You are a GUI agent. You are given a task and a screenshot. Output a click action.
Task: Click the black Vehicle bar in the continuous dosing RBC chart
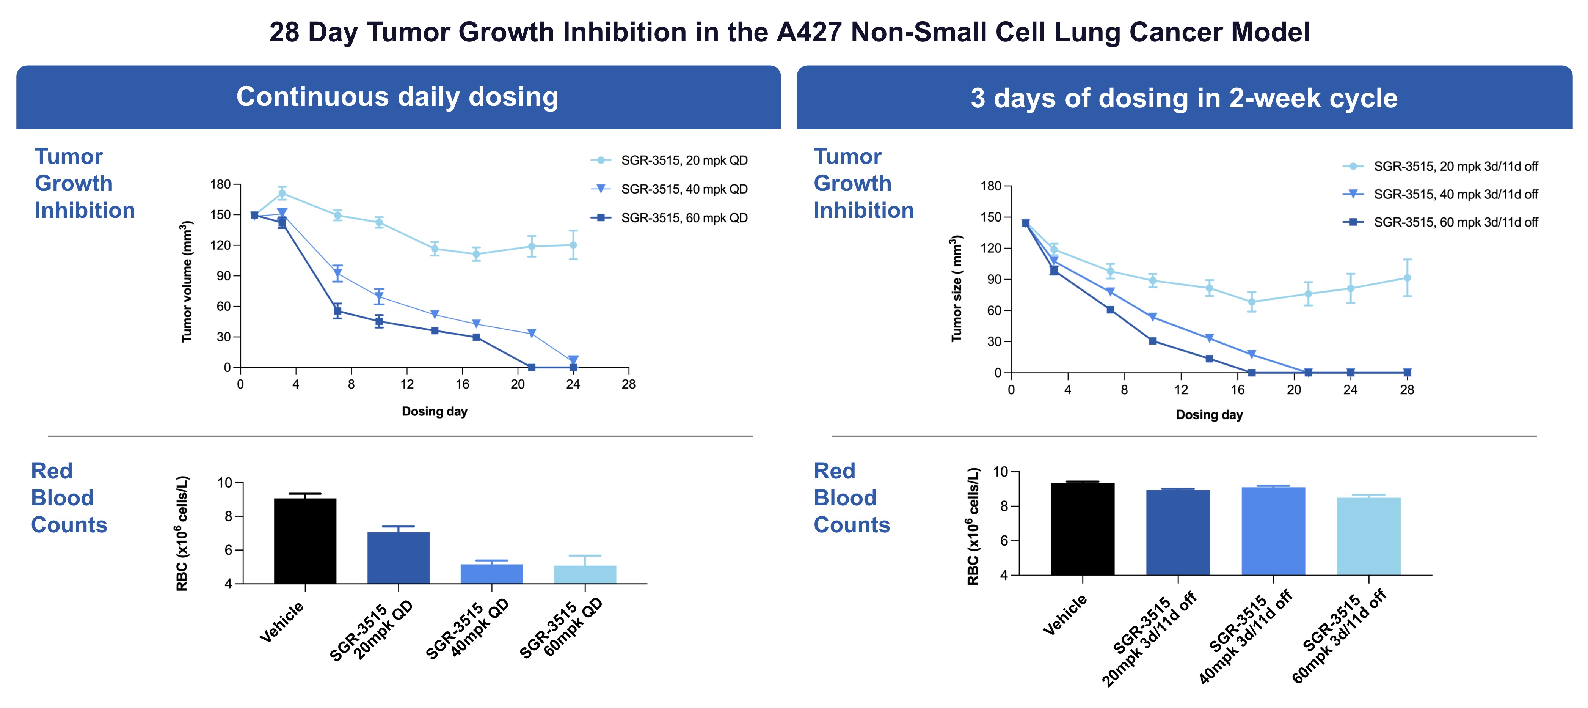(x=305, y=541)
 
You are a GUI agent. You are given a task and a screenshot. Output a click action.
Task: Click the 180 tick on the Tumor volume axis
(x=220, y=184)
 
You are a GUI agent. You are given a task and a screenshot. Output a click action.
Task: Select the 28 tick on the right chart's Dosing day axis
(x=1407, y=390)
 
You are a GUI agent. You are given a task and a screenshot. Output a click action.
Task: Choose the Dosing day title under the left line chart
(x=435, y=411)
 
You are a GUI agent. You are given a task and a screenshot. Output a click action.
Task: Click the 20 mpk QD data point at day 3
(x=282, y=193)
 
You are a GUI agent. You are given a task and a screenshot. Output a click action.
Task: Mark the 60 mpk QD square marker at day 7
(x=337, y=311)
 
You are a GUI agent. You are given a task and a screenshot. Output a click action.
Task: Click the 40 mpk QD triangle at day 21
(x=531, y=334)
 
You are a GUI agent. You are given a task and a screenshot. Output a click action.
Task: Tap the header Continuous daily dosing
(x=398, y=97)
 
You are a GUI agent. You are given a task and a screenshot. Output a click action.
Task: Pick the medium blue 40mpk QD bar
(x=491, y=574)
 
